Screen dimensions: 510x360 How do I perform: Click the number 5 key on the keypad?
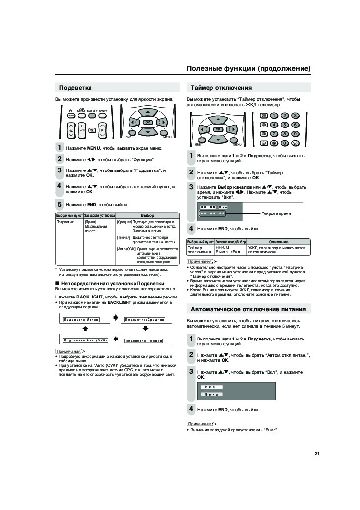pos(284,125)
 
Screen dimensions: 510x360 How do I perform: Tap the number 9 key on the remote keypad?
pos(295,133)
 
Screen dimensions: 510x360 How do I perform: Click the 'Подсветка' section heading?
pos(76,88)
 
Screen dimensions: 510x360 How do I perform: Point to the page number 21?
pos(317,453)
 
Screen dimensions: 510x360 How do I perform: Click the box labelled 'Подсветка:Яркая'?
pos(82,319)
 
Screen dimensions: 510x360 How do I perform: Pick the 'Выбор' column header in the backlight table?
pos(147,216)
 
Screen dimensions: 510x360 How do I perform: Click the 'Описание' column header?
pos(278,242)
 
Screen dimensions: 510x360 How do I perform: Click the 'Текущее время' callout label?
pos(276,213)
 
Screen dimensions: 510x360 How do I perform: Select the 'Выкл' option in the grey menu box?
pos(212,395)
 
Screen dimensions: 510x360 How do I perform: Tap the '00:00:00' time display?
pos(213,213)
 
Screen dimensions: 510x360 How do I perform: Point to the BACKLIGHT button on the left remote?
pos(92,116)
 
